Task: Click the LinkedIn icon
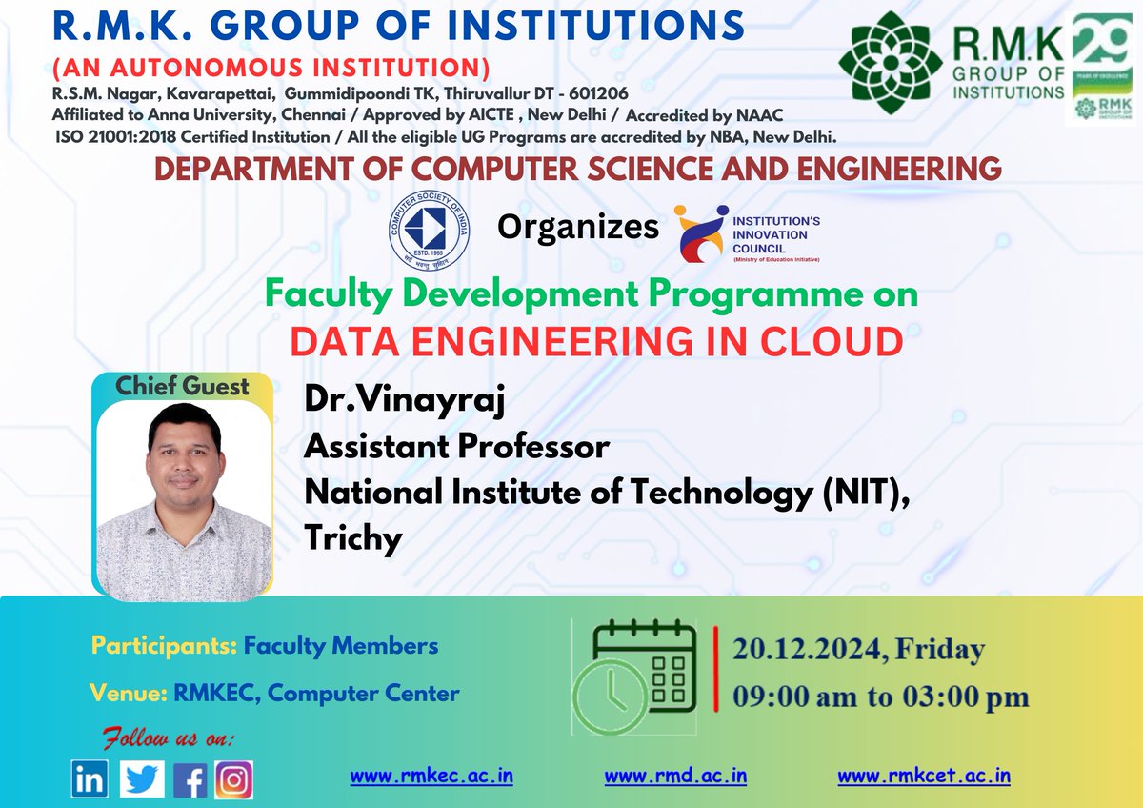[x=90, y=780]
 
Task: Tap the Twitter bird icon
[x=142, y=780]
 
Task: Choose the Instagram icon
[x=233, y=780]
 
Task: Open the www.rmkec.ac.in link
[x=431, y=776]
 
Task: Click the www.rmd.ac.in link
[x=675, y=776]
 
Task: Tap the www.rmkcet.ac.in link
[x=924, y=776]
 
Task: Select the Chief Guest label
[x=182, y=387]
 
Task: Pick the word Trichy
[x=353, y=537]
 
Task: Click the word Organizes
[x=578, y=228]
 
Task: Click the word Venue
[x=129, y=693]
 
